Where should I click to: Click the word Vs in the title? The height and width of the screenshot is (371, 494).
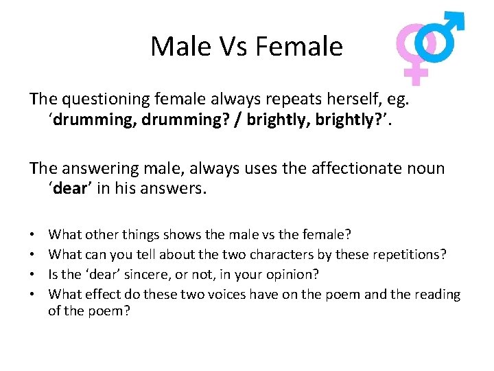[x=231, y=47]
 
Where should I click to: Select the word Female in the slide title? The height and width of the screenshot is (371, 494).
[x=298, y=47]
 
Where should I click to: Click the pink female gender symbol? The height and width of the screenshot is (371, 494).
[x=415, y=52]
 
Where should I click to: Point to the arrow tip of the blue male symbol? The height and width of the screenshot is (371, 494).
[x=458, y=19]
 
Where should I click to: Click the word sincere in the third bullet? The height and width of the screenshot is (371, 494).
[x=161, y=274]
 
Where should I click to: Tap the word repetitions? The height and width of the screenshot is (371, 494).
[x=409, y=254]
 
